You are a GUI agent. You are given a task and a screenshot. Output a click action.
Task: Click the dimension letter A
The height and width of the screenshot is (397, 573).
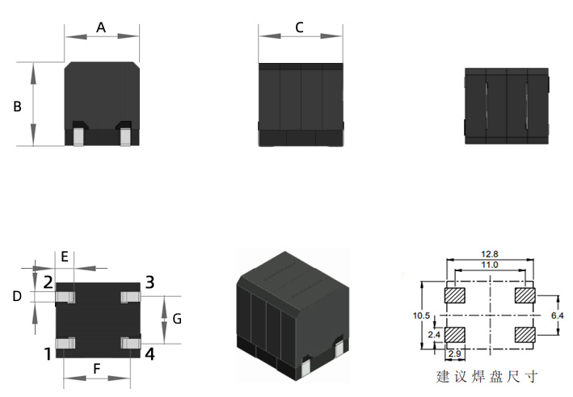[101, 27]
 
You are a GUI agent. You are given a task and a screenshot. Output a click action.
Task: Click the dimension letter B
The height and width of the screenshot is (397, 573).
[17, 107]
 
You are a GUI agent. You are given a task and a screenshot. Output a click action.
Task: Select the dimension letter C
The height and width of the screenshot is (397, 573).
[299, 27]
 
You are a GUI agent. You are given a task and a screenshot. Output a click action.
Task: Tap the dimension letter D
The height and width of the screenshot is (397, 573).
[17, 296]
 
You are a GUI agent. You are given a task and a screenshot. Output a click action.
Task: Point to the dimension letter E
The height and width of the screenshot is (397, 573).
[65, 257]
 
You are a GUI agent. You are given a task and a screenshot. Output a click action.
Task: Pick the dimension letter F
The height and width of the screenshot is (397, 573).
[96, 369]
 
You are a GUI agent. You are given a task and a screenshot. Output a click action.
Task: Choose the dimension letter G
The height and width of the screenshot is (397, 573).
[177, 319]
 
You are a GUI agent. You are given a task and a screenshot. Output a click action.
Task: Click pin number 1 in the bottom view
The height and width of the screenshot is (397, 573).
[48, 354]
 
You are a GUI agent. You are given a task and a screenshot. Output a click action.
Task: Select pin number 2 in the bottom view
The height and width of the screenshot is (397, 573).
[48, 282]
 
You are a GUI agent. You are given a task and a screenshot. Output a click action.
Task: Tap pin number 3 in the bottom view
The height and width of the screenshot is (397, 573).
[150, 282]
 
